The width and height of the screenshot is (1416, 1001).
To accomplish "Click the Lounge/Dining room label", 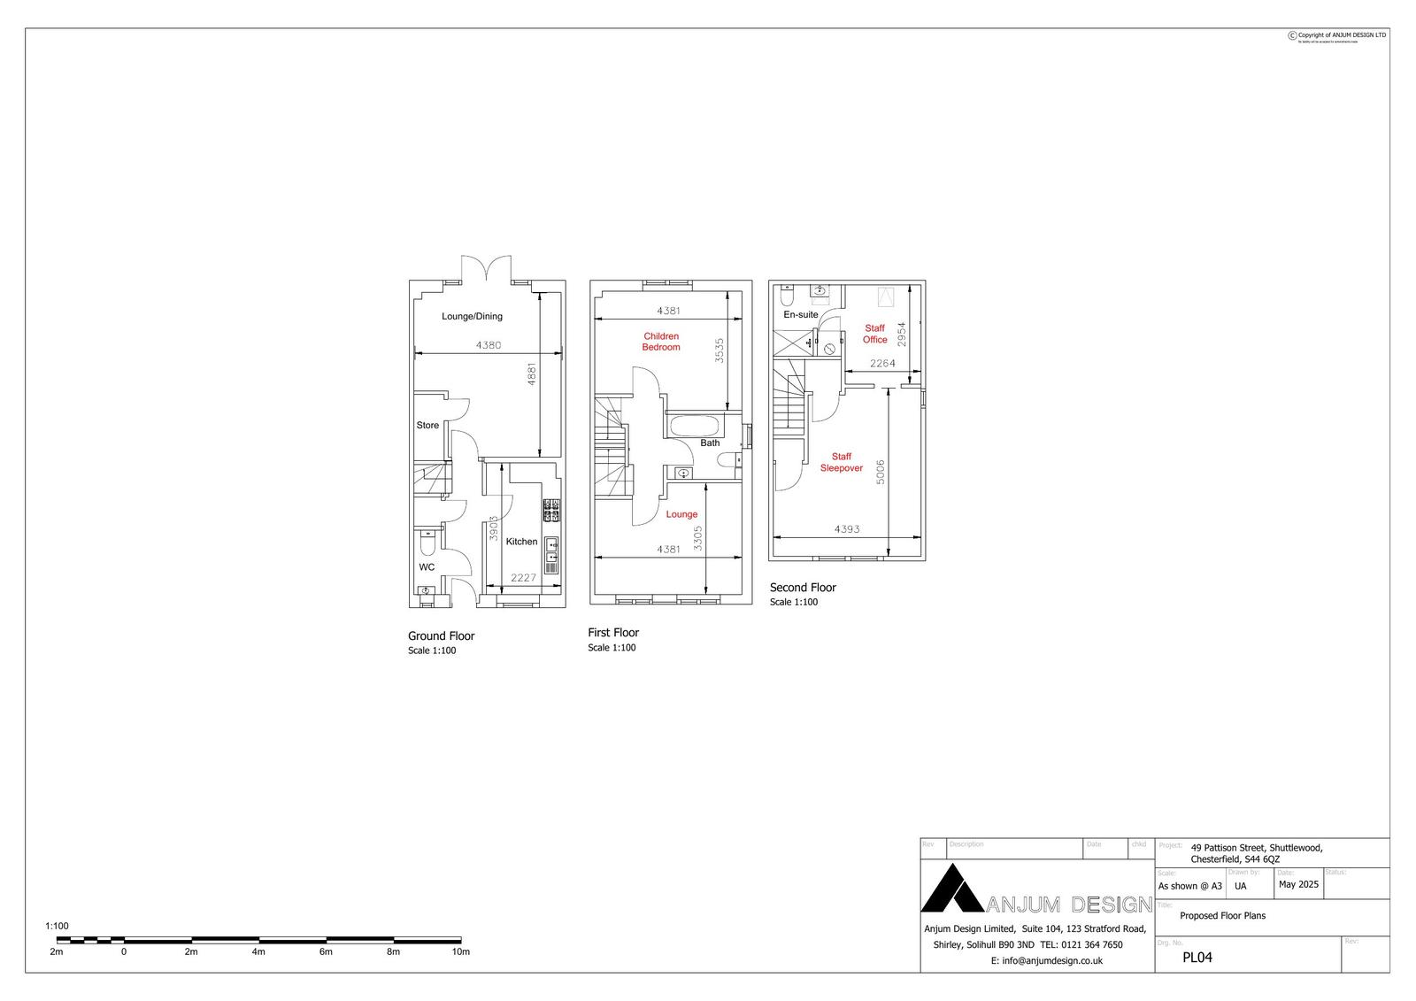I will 472,316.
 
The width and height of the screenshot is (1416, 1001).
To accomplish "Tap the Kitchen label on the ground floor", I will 521,542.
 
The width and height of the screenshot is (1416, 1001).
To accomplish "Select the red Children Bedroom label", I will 661,342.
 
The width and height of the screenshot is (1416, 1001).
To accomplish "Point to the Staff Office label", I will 874,334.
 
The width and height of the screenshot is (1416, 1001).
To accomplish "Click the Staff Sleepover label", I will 841,463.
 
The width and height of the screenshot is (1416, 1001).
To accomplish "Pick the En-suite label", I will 801,314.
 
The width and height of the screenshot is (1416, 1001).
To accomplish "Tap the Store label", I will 427,426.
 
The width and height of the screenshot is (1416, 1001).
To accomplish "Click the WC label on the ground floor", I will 427,566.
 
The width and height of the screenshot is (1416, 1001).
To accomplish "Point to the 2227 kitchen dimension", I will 524,578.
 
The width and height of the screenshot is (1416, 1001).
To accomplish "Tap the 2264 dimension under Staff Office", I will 882,363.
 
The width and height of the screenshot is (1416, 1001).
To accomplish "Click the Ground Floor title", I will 441,636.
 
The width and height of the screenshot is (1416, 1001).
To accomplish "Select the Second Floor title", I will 803,588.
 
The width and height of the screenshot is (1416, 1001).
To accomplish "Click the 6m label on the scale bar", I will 326,952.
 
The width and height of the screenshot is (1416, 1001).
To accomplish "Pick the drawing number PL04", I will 1197,957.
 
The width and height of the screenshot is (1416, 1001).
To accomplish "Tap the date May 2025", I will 1298,884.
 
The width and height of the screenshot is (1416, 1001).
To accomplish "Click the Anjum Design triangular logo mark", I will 952,889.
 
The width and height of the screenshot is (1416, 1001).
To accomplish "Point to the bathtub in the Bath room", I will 695,425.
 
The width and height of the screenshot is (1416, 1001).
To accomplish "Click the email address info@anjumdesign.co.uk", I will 1047,960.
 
